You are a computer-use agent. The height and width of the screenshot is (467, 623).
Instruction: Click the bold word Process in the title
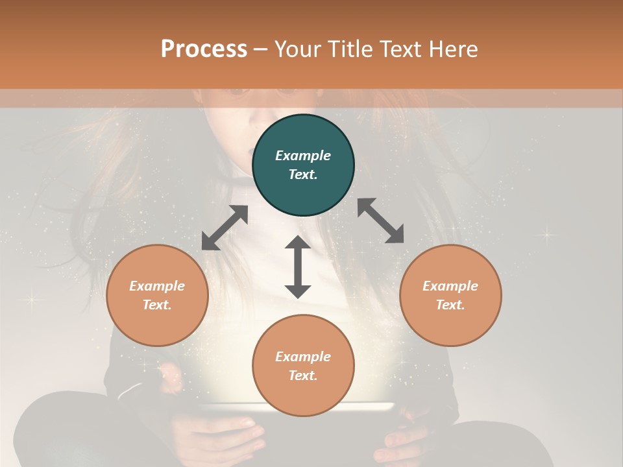(204, 49)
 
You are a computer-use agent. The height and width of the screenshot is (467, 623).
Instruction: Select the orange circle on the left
(157, 295)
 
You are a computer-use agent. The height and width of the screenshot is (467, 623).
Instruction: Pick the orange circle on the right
(450, 295)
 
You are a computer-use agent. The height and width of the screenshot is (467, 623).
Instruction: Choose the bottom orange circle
(303, 366)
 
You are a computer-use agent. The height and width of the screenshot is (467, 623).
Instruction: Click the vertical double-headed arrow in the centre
(298, 267)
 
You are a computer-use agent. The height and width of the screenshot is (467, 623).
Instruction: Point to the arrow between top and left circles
(225, 228)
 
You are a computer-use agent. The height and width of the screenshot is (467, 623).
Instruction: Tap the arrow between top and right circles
(380, 221)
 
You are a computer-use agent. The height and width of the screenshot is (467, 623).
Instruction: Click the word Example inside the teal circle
(303, 156)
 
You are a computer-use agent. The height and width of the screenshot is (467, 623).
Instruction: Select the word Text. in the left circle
(157, 305)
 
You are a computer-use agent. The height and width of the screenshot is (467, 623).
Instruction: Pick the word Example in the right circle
(450, 286)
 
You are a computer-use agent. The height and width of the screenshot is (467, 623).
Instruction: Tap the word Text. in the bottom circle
(303, 376)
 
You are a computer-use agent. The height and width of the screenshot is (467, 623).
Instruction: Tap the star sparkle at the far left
(31, 300)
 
